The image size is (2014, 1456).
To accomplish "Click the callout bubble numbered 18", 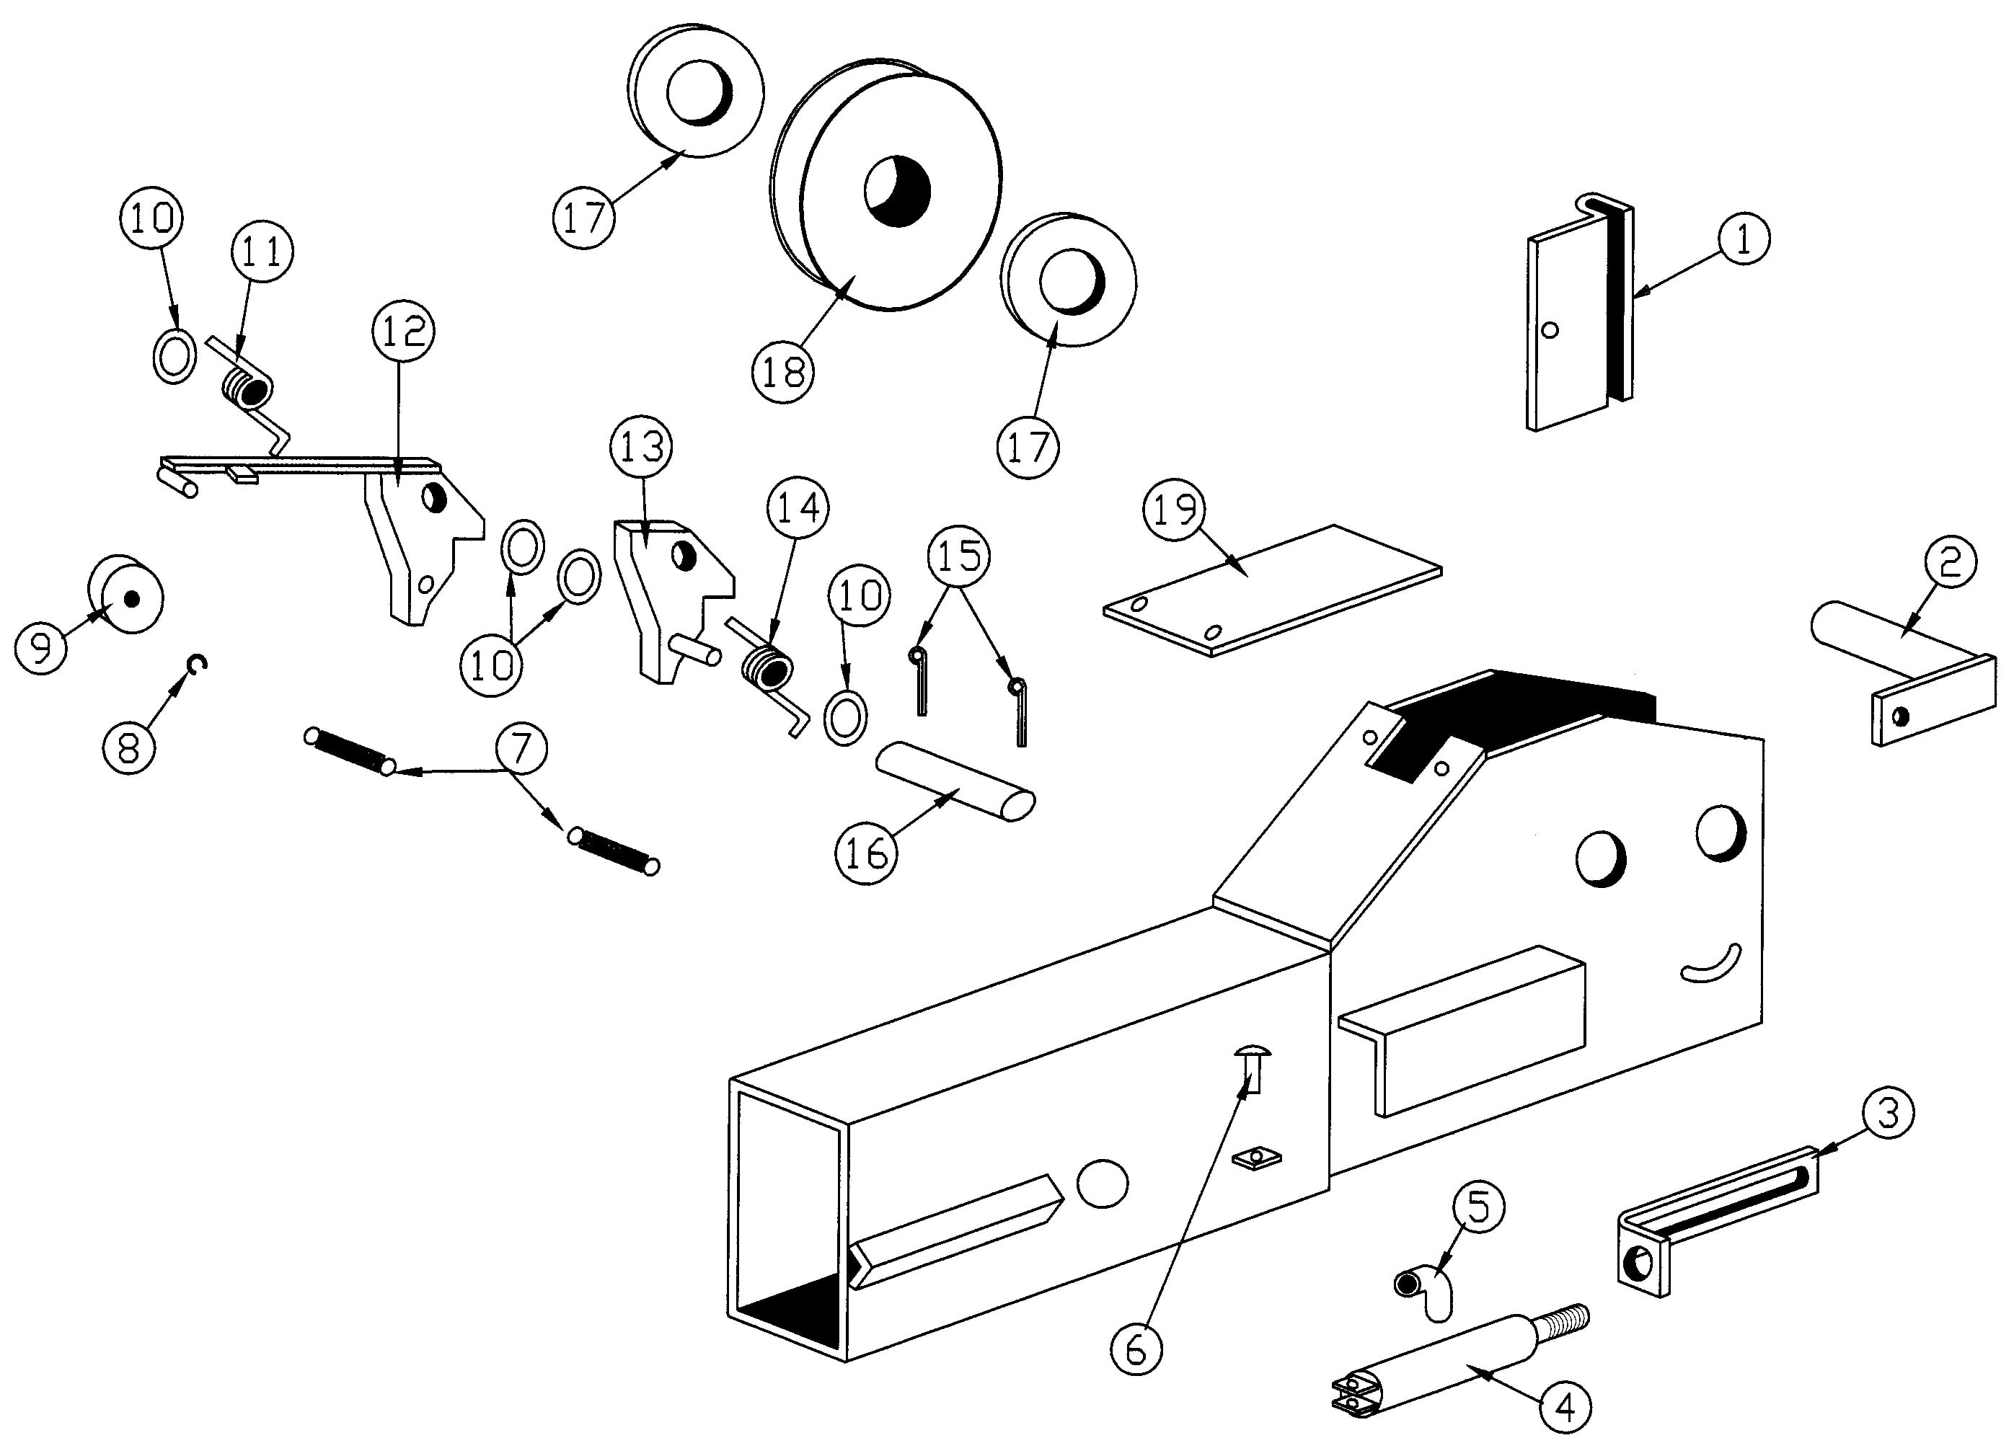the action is coord(783,372).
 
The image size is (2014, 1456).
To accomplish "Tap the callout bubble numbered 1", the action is coord(1743,239).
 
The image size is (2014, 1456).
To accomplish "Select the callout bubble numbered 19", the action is coord(1175,510).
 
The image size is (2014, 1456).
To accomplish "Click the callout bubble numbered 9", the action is coord(41,647).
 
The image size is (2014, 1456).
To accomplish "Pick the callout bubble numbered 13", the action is coord(642,447).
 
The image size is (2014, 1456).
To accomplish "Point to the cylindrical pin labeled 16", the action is coord(955,781).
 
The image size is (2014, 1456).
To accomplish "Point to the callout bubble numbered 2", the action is coord(1950,562).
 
